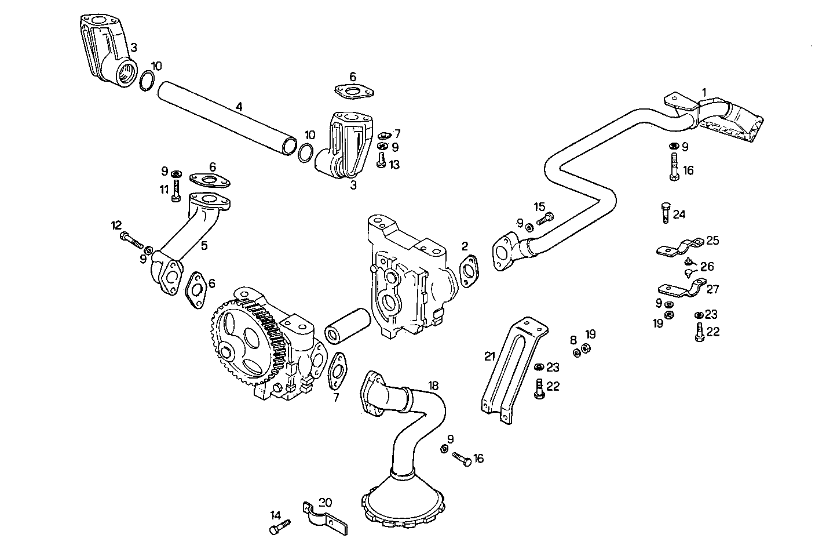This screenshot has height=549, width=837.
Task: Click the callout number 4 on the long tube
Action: point(239,106)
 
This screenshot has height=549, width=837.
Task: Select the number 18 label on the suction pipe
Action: point(434,386)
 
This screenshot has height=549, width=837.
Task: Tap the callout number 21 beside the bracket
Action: point(491,356)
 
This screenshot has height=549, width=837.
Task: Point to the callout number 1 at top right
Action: point(704,92)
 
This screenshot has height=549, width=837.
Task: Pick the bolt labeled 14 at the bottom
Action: point(279,526)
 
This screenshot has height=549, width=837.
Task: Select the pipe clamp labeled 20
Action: point(322,516)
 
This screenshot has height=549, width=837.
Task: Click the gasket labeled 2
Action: point(469,270)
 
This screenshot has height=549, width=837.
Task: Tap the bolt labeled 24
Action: point(665,213)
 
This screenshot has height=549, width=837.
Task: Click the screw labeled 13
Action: point(381,159)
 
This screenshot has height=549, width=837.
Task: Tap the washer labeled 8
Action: point(576,351)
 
